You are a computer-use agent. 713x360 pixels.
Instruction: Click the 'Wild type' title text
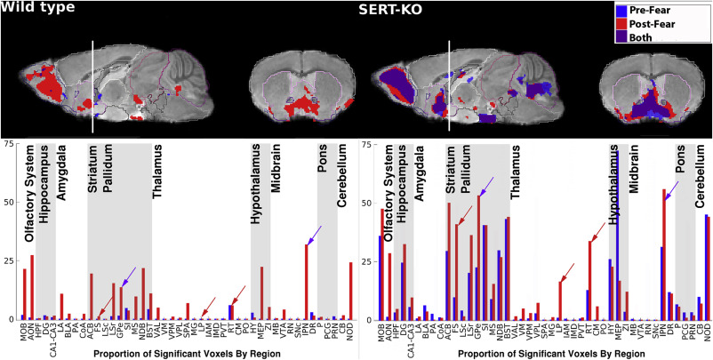point(37,8)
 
